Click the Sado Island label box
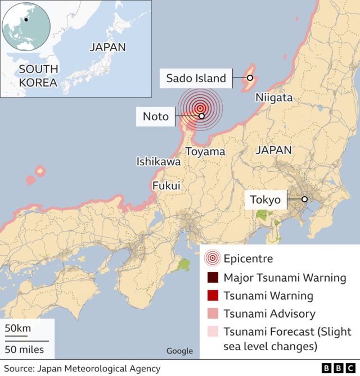196,78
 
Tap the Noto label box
156,116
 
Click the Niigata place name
274,98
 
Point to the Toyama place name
205,152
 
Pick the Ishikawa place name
159,162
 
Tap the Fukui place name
166,185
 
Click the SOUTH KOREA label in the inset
38,76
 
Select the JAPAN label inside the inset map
107,47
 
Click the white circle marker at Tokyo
304,199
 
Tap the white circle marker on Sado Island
250,78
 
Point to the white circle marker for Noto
201,116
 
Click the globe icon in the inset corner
26,26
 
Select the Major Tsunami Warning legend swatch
212,277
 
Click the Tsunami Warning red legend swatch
212,295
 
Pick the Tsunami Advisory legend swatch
212,314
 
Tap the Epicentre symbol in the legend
212,259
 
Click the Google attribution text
179,351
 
